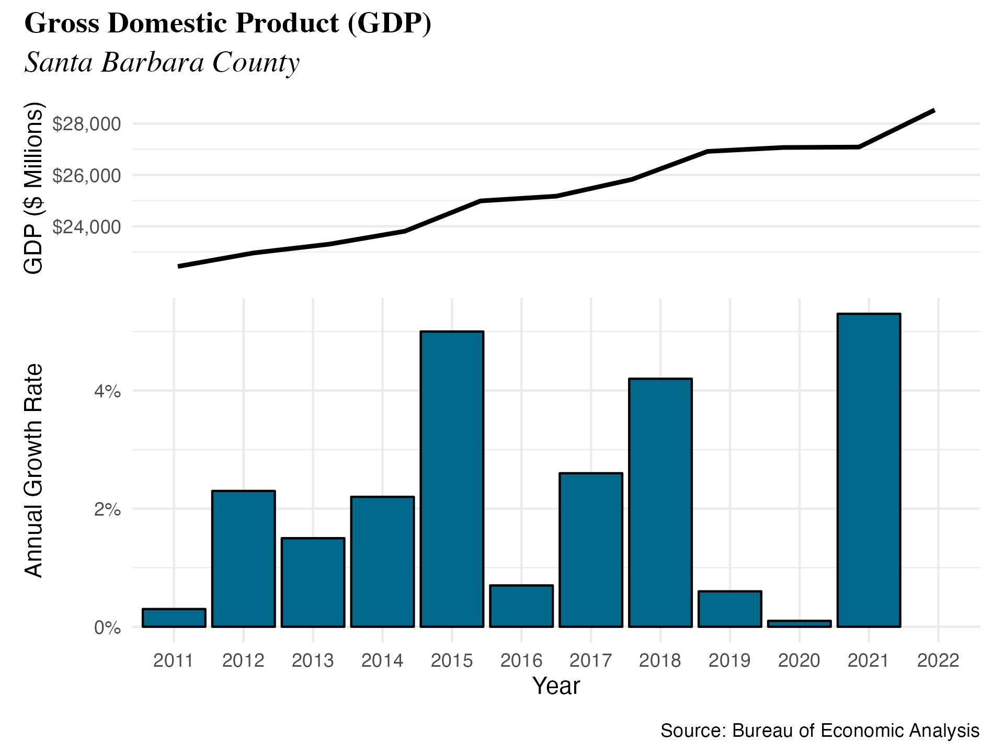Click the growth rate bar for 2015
click(x=452, y=478)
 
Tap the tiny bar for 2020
click(x=799, y=623)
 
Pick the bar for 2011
click(x=174, y=618)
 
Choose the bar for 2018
click(x=660, y=502)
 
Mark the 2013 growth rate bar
click(x=313, y=582)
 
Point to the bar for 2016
click(x=521, y=606)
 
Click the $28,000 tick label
click(x=86, y=124)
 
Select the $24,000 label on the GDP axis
click(x=86, y=227)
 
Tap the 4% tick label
click(x=107, y=391)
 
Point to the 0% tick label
click(x=107, y=627)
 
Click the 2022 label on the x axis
click(x=938, y=661)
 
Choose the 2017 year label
click(x=590, y=661)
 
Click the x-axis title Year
click(x=556, y=686)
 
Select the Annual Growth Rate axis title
click(x=34, y=471)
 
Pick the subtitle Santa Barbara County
click(x=162, y=62)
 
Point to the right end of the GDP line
click(x=933, y=111)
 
